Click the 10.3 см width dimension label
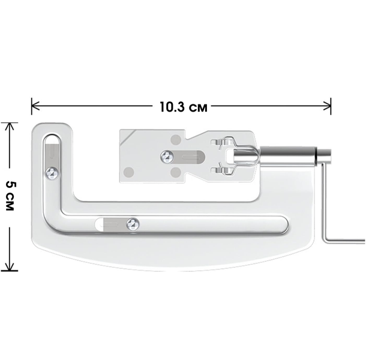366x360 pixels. (x=184, y=107)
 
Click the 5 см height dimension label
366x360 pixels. (x=11, y=195)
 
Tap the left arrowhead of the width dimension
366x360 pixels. (x=35, y=106)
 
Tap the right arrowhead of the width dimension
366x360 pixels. (x=327, y=106)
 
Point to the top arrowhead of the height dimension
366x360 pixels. (x=10, y=127)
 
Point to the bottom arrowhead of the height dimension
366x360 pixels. (x=10, y=266)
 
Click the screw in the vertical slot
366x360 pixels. (x=52, y=173)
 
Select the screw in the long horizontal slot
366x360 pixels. (x=133, y=224)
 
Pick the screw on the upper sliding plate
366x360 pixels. (x=167, y=157)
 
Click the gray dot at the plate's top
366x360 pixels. (x=176, y=140)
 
